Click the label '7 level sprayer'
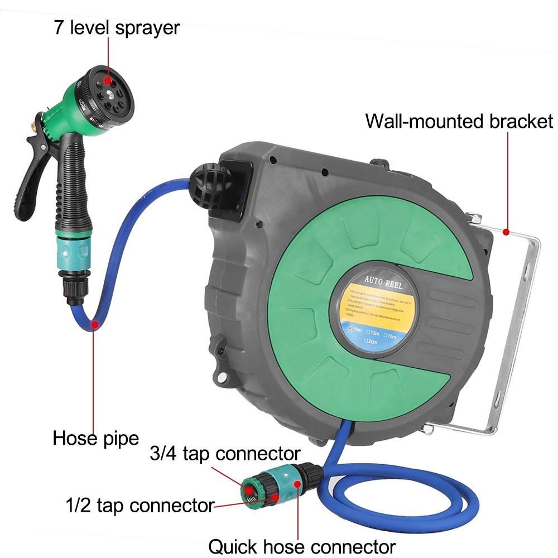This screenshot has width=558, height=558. click(117, 27)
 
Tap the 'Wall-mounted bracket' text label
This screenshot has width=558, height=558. click(459, 121)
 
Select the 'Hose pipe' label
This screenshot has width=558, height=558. click(95, 438)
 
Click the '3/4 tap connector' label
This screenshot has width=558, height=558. click(225, 453)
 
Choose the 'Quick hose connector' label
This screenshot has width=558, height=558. click(302, 545)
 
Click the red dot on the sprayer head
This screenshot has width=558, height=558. click(107, 81)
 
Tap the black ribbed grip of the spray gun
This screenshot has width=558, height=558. click(69, 184)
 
